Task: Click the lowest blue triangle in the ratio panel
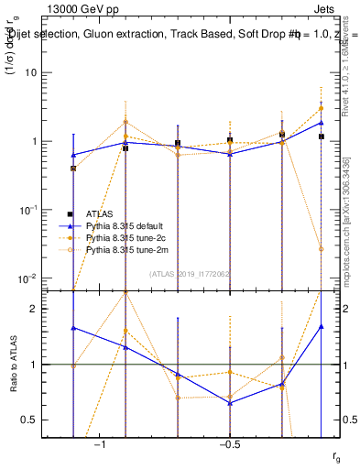230,403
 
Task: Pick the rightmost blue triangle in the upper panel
321,122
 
